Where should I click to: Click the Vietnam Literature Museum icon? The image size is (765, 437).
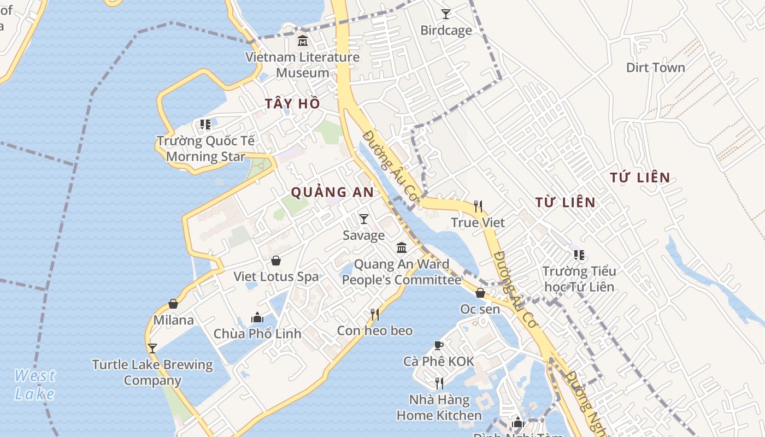(x=302, y=40)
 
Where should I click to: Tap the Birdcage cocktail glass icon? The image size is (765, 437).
(x=446, y=14)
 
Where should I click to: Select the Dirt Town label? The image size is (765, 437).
(x=655, y=68)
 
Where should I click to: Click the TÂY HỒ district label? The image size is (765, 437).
(x=292, y=104)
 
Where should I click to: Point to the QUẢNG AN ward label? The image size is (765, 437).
(x=332, y=192)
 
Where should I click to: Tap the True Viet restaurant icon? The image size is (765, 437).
(x=478, y=206)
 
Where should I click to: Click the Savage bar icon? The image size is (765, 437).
(x=363, y=219)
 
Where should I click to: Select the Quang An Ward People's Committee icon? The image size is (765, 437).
(x=402, y=248)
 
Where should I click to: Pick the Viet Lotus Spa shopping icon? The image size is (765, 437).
(x=276, y=261)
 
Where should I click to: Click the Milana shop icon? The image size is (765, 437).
(x=173, y=304)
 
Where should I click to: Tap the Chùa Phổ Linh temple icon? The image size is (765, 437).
(x=257, y=317)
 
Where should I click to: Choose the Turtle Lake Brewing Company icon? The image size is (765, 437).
(x=152, y=348)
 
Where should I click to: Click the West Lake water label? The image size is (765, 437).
(x=34, y=385)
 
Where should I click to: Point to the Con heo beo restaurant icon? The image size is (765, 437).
(x=375, y=314)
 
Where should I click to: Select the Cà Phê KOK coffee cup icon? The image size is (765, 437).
(x=438, y=345)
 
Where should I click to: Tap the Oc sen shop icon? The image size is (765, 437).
(x=480, y=293)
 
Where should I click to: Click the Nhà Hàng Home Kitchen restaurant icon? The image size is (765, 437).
(x=439, y=383)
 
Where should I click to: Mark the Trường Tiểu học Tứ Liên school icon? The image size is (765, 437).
(x=579, y=255)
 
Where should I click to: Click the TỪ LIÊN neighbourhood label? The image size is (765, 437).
(x=565, y=203)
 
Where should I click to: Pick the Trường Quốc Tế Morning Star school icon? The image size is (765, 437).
(x=205, y=125)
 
